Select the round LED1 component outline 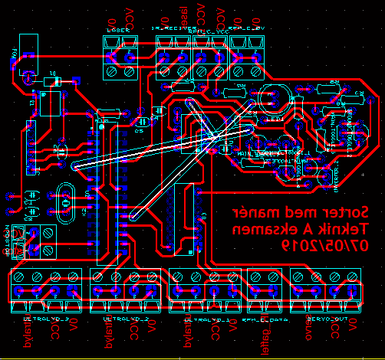pyautogui.click(x=273, y=100)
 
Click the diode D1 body pyautogui.click(x=54, y=80)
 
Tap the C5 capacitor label pyautogui.click(x=139, y=131)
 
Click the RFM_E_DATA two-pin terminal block pyautogui.click(x=263, y=290)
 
